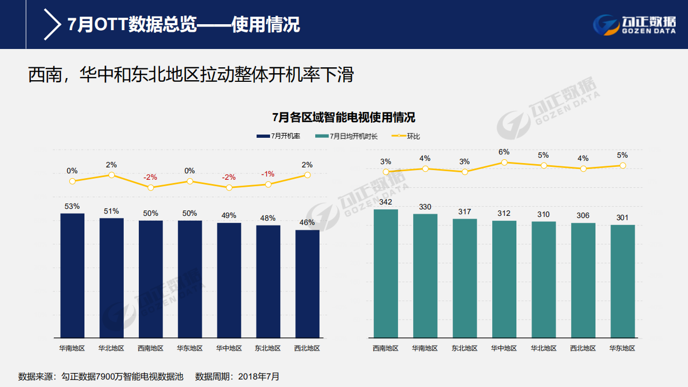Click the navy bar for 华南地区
[72, 275]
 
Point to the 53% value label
[72, 206]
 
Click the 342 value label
[386, 202]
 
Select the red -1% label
[268, 174]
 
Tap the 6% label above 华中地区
[504, 152]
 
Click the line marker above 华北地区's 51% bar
[111, 175]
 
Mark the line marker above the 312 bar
[504, 163]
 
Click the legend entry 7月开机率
[278, 136]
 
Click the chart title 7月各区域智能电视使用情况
[344, 117]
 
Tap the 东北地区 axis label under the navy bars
[268, 348]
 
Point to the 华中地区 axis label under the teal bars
[504, 348]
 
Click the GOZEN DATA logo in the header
[634, 24]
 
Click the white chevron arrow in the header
[52, 25]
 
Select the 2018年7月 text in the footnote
[260, 376]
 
